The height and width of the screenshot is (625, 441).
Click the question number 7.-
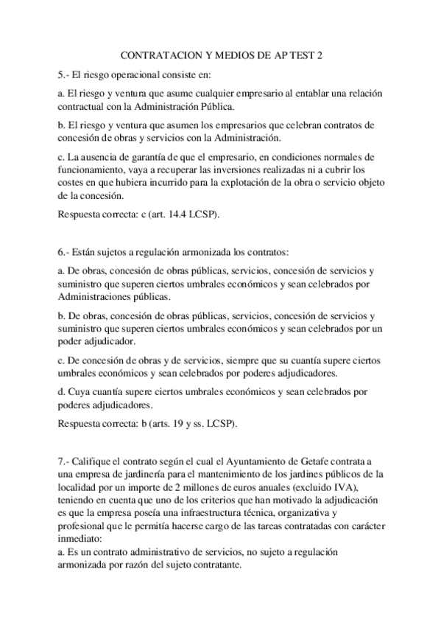point(63,461)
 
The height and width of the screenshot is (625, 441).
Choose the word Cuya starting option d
point(79,391)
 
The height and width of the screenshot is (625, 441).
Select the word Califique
point(96,461)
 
